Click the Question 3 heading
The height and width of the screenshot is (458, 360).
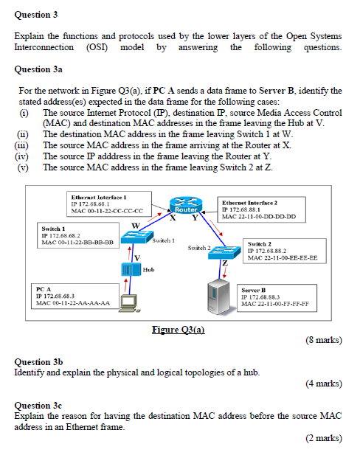36,15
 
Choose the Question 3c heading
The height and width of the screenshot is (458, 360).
38,405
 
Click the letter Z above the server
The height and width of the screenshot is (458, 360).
225,263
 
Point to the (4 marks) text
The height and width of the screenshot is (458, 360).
322,384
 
